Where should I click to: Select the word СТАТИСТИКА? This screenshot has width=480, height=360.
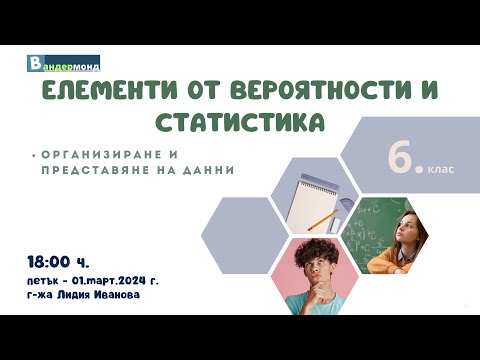240,124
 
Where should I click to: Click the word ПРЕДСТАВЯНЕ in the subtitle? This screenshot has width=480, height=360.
97,170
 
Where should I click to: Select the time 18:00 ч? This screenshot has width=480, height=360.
59,262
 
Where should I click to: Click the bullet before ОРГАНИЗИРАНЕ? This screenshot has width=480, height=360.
33,156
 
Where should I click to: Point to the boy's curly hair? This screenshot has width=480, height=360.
308,251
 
